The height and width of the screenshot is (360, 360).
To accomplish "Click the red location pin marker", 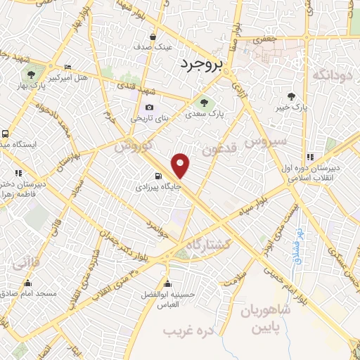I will coord(181,165).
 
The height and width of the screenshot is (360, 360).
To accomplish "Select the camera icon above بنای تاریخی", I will coord(148,108).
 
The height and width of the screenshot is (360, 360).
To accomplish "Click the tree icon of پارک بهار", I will coord(31,73).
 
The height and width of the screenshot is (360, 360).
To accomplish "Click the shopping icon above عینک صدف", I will coord(153,37).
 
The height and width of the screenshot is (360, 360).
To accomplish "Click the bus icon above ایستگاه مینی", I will coord(6,133).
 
